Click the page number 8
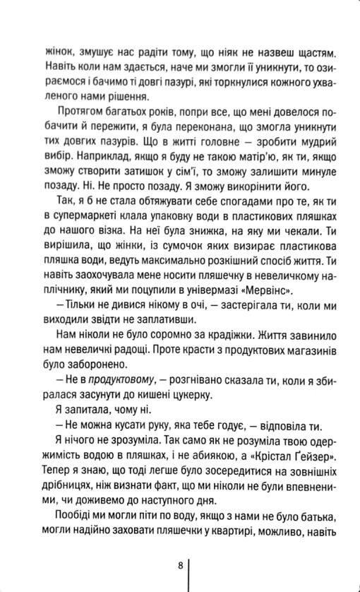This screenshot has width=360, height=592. tap(181, 565)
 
